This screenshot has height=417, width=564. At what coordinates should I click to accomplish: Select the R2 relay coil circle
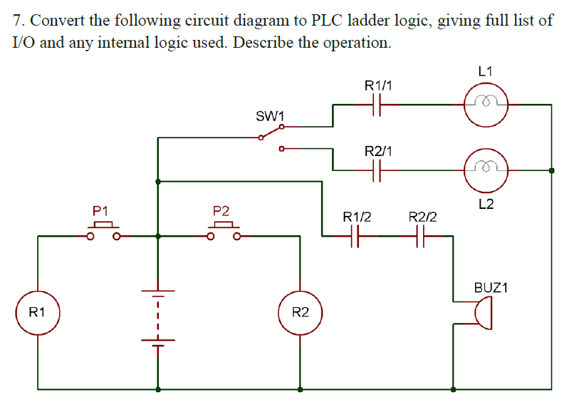301,312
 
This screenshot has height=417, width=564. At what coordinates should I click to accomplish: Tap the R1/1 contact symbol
377,104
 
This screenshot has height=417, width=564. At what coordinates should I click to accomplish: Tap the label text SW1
270,115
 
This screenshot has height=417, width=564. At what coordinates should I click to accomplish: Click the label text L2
486,205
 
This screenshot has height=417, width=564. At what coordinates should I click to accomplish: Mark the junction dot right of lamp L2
552,171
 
